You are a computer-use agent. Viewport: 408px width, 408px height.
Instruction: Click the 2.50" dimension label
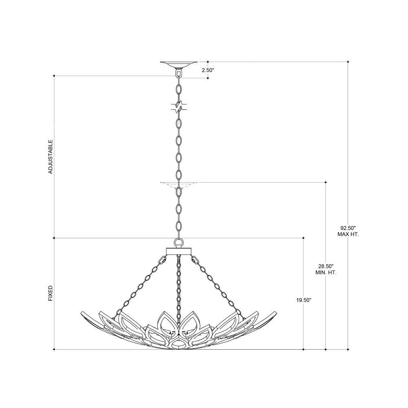tap(208, 70)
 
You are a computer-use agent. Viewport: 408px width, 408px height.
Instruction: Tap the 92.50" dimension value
tap(348, 228)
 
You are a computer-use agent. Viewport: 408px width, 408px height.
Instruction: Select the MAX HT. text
tap(348, 234)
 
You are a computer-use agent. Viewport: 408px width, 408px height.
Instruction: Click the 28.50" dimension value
tap(326, 266)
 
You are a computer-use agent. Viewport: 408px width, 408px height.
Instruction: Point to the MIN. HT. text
tap(326, 273)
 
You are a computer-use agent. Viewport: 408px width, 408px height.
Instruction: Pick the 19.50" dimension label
tap(304, 300)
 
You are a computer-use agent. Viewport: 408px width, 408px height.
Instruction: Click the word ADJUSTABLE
tap(51, 157)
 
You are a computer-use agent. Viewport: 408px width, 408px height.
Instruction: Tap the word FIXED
tap(51, 293)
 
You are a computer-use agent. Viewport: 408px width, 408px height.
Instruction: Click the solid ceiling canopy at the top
tap(179, 64)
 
